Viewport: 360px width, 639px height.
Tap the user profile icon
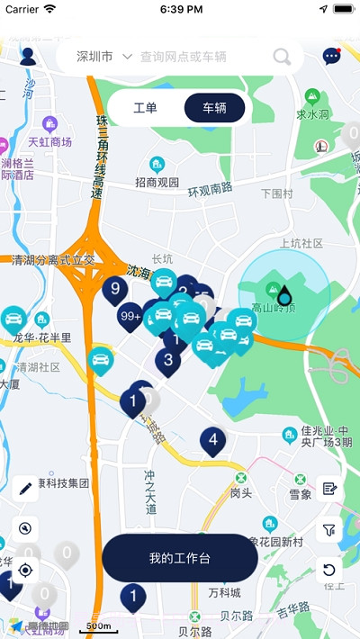coord(27,57)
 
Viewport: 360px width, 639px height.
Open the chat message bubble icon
coord(332,57)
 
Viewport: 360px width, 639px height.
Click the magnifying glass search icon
coord(282,58)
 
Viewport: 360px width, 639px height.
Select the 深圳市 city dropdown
coord(104,57)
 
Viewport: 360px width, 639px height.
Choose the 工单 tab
coord(145,108)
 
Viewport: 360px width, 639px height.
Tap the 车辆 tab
coord(214,108)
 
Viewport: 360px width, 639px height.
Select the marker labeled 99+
coord(130,316)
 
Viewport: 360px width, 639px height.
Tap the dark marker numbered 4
coord(212,440)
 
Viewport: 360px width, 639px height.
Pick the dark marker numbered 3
coord(167,361)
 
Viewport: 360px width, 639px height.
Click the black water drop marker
coord(284,294)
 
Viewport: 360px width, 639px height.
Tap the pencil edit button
coord(25,489)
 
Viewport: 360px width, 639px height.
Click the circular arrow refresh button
coord(329,570)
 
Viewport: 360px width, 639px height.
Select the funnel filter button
coord(329,530)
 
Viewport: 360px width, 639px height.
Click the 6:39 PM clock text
coord(180,9)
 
